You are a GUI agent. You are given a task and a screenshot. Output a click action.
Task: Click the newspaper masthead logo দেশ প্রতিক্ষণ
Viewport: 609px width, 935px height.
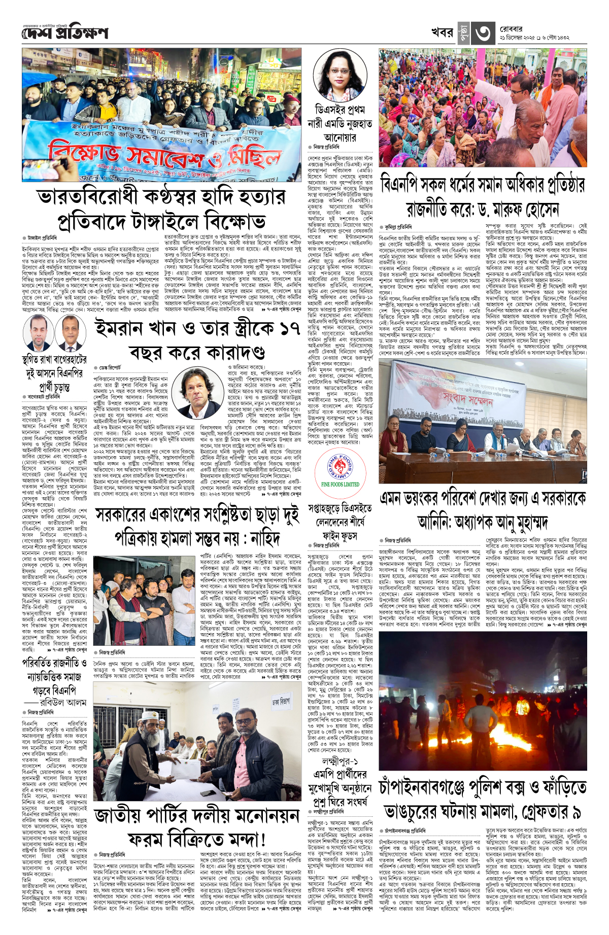(65, 33)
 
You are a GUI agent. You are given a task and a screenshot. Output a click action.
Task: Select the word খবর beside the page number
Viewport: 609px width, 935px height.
(442, 32)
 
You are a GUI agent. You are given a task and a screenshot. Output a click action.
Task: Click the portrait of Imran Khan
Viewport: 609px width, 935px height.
(202, 393)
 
